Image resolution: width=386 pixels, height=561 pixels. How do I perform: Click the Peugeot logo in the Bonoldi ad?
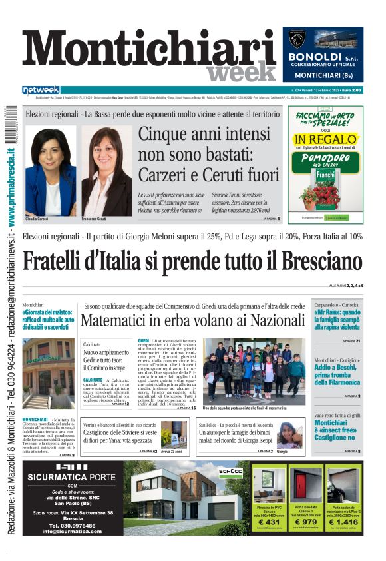click(x=298, y=40)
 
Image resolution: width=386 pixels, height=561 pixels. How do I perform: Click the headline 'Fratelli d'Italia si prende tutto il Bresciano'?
click(x=192, y=259)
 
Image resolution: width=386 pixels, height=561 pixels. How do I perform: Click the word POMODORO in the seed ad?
click(x=325, y=158)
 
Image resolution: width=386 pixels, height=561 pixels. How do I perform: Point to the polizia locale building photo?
click(x=49, y=373)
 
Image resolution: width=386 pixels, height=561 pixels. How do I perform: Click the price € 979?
click(x=306, y=522)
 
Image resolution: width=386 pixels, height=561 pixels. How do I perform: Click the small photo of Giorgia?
click(x=289, y=435)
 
